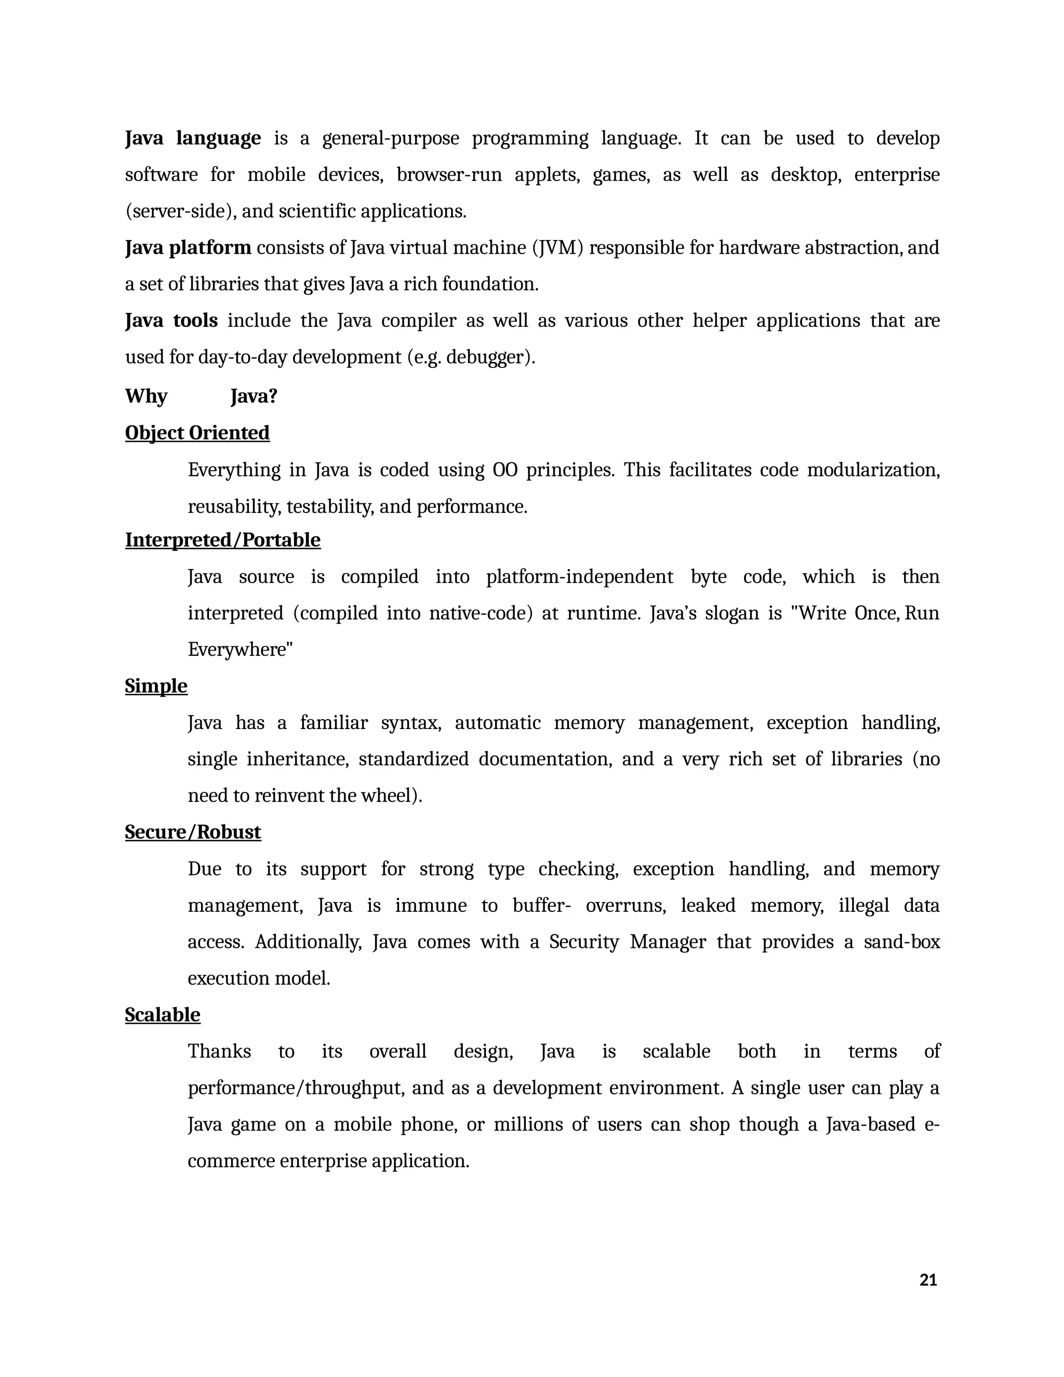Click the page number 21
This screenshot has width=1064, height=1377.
928,1279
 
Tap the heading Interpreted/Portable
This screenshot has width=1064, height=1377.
222,540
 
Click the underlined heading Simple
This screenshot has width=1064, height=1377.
156,685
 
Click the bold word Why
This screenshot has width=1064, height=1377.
146,396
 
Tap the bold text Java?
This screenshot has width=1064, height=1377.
254,396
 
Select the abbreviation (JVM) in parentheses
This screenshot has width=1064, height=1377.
558,248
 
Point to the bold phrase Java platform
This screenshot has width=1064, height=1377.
188,248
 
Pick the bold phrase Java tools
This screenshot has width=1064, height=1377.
171,321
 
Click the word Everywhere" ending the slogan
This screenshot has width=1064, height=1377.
240,650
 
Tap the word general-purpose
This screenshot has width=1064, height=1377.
391,138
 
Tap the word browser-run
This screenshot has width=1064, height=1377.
449,175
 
